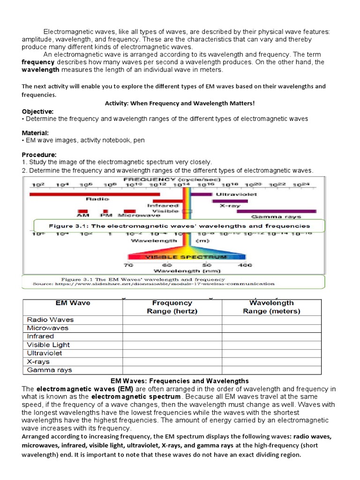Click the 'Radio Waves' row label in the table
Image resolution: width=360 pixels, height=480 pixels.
[x=50, y=320]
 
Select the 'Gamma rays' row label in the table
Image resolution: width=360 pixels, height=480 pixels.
[x=49, y=370]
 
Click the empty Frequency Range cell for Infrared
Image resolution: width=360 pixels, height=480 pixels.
[x=172, y=337]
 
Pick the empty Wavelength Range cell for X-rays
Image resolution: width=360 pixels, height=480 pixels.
[x=272, y=361]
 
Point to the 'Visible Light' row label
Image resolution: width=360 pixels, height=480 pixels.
[x=48, y=345]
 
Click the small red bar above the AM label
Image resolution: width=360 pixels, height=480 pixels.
[x=83, y=211]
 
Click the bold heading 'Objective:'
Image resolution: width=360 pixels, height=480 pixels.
[x=38, y=112]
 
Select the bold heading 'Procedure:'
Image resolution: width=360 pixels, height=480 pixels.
[x=39, y=155]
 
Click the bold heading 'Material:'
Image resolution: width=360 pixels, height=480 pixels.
[x=35, y=133]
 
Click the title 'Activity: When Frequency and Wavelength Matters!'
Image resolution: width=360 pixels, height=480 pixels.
[x=180, y=103]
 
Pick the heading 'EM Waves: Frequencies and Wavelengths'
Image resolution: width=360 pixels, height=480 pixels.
[x=180, y=381]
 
